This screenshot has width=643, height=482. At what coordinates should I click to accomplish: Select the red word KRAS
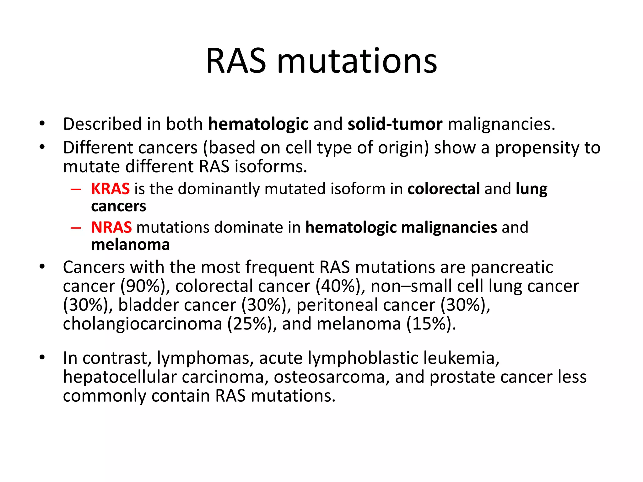[110, 189]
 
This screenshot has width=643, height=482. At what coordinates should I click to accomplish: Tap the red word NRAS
[111, 227]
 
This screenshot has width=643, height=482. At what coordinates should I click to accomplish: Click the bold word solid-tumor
[395, 124]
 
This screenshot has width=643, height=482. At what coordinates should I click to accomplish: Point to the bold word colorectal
[444, 189]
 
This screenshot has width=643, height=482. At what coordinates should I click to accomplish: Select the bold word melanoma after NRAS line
[130, 245]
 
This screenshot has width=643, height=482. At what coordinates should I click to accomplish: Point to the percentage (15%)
[431, 324]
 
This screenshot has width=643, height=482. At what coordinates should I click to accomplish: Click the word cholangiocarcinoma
[142, 324]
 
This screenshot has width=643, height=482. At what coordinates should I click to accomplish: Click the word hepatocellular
[120, 377]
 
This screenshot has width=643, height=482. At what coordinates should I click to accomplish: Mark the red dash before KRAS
[76, 190]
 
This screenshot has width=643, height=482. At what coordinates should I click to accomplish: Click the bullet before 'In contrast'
[42, 357]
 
